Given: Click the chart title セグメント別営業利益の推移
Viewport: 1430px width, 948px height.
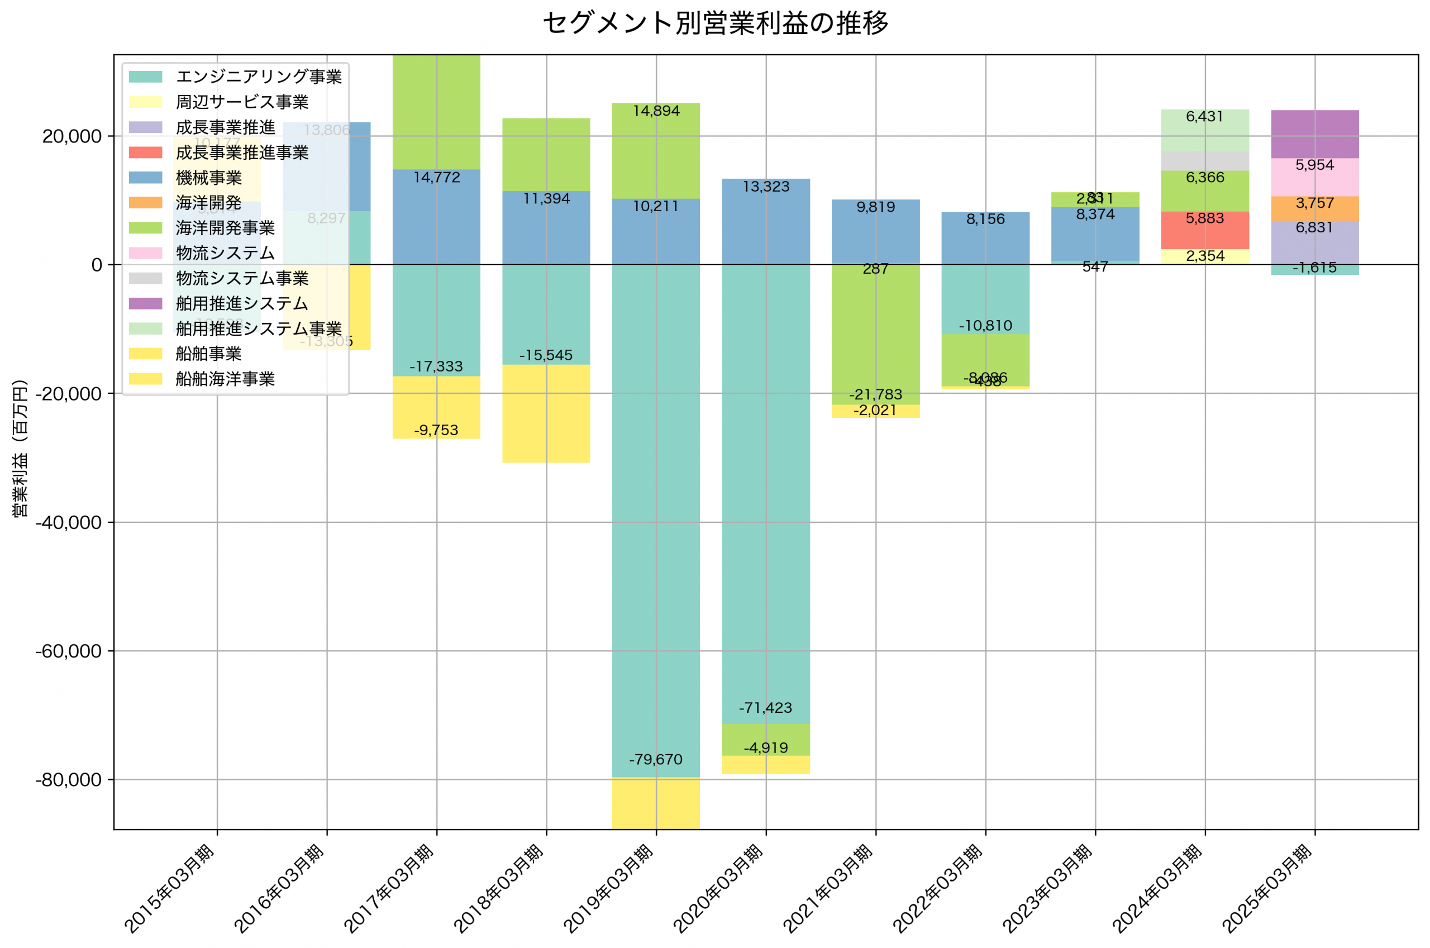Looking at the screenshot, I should pyautogui.click(x=715, y=23).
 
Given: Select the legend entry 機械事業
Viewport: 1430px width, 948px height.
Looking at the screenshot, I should pyautogui.click(x=208, y=178).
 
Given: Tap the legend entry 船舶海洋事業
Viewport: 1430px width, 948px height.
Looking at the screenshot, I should pyautogui.click(x=225, y=379).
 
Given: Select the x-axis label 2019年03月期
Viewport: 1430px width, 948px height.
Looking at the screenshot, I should pyautogui.click(x=609, y=889).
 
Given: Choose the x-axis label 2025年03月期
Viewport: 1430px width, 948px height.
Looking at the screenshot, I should pyautogui.click(x=1267, y=889).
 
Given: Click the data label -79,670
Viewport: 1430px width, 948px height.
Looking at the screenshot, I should pyautogui.click(x=656, y=759).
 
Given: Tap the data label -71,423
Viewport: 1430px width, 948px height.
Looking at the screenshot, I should pyautogui.click(x=766, y=708).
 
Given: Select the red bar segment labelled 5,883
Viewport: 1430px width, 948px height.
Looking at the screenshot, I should pyautogui.click(x=1204, y=230).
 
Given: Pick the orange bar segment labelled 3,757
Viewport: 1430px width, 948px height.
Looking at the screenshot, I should pyautogui.click(x=1314, y=208).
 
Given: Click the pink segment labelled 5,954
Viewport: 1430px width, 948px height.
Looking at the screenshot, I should pyautogui.click(x=1314, y=178).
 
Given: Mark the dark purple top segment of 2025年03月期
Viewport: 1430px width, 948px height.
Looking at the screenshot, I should pyautogui.click(x=1314, y=134).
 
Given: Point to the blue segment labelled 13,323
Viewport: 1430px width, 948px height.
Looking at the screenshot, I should pyautogui.click(x=766, y=221).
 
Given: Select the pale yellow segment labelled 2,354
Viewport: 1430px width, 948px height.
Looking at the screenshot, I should pyautogui.click(x=1204, y=257).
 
